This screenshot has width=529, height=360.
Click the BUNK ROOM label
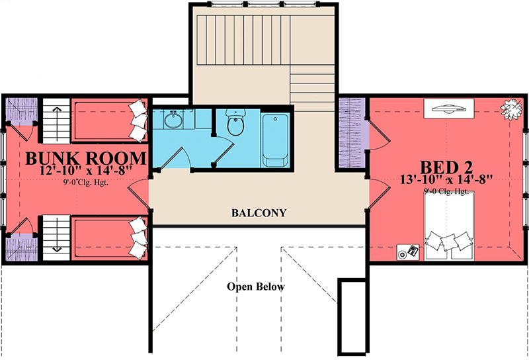click(x=85, y=158)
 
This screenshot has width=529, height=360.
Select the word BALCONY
click(x=259, y=213)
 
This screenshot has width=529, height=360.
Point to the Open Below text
click(x=256, y=287)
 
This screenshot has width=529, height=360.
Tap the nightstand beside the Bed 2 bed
click(x=408, y=252)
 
